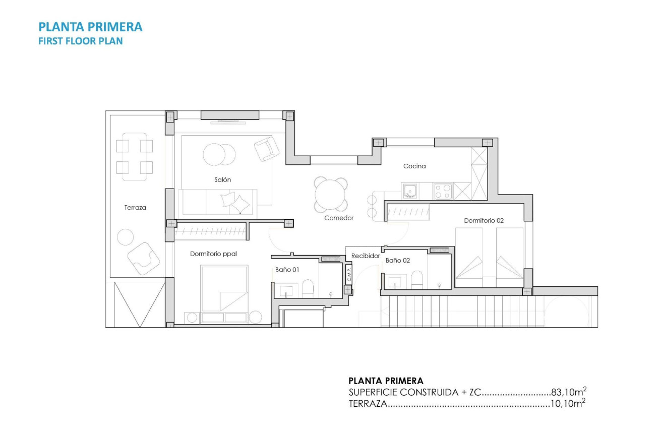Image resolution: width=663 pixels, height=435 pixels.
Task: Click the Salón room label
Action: [222, 179]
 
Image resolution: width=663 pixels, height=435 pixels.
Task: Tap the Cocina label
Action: [414, 166]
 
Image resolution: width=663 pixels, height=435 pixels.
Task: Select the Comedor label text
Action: [339, 218]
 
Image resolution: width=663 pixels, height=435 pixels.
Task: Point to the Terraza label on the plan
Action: [135, 207]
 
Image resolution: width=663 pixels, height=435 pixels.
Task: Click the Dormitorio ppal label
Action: [213, 254]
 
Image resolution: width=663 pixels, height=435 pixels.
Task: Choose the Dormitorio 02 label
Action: [484, 220]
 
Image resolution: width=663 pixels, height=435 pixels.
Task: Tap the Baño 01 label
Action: [287, 270]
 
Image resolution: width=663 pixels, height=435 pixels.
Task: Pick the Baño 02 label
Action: [398, 261]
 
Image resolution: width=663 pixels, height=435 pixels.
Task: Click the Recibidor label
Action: [365, 256]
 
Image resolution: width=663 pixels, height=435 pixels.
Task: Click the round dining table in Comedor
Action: [331, 195]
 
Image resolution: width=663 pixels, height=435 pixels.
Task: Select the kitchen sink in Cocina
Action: [410, 191]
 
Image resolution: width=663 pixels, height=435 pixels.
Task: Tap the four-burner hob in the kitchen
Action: [443, 192]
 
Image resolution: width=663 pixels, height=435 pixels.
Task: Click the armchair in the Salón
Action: [267, 149]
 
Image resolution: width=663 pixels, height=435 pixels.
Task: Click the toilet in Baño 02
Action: [417, 279]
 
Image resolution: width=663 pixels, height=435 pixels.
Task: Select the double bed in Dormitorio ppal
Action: [224, 288]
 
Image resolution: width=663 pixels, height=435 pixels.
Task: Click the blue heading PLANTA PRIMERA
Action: [91, 27]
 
